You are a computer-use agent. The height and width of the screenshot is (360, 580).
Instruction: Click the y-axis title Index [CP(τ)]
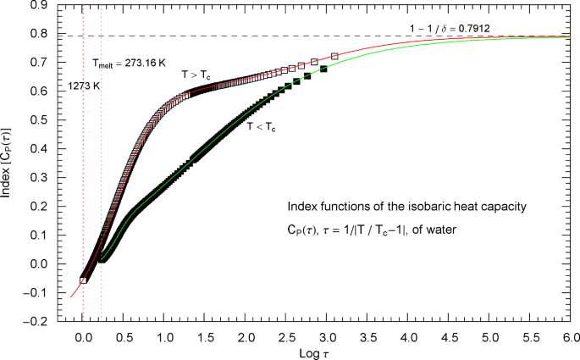pyautogui.click(x=8, y=162)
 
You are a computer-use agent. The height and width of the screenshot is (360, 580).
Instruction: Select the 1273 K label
pyautogui.click(x=83, y=86)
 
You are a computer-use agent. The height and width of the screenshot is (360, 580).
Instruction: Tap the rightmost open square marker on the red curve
pyautogui.click(x=334, y=56)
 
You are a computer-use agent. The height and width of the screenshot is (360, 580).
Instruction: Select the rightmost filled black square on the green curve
pyautogui.click(x=323, y=69)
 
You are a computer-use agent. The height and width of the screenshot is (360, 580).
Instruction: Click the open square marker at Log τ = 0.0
pyautogui.click(x=83, y=280)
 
